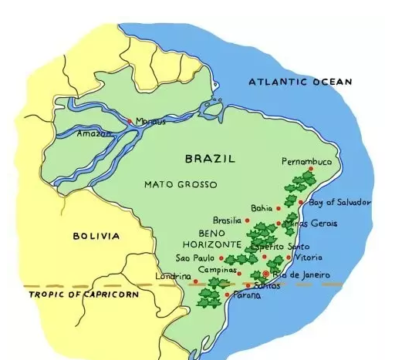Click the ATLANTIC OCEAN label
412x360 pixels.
(x=299, y=82)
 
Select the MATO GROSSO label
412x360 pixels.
(x=181, y=184)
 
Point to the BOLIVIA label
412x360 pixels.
(x=96, y=236)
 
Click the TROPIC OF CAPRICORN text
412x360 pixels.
(x=83, y=294)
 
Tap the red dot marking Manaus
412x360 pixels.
(x=130, y=121)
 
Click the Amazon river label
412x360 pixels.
(x=94, y=133)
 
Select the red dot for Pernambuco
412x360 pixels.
(x=311, y=169)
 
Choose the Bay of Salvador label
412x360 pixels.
(x=339, y=202)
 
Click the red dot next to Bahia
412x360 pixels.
(x=279, y=208)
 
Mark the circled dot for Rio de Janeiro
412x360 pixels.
(x=266, y=274)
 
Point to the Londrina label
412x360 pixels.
(x=173, y=276)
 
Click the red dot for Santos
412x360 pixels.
(x=248, y=285)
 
